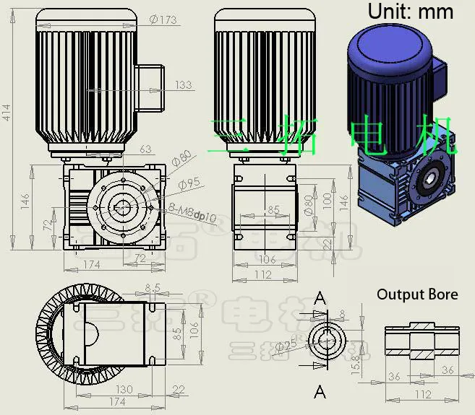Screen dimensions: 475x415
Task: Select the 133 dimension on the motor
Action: coord(184,84)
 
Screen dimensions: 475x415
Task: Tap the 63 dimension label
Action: coord(145,149)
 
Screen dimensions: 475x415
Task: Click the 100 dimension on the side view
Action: coord(326,199)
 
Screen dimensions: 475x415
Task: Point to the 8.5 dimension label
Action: coord(153,287)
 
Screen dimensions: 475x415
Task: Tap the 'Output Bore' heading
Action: coord(417,294)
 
